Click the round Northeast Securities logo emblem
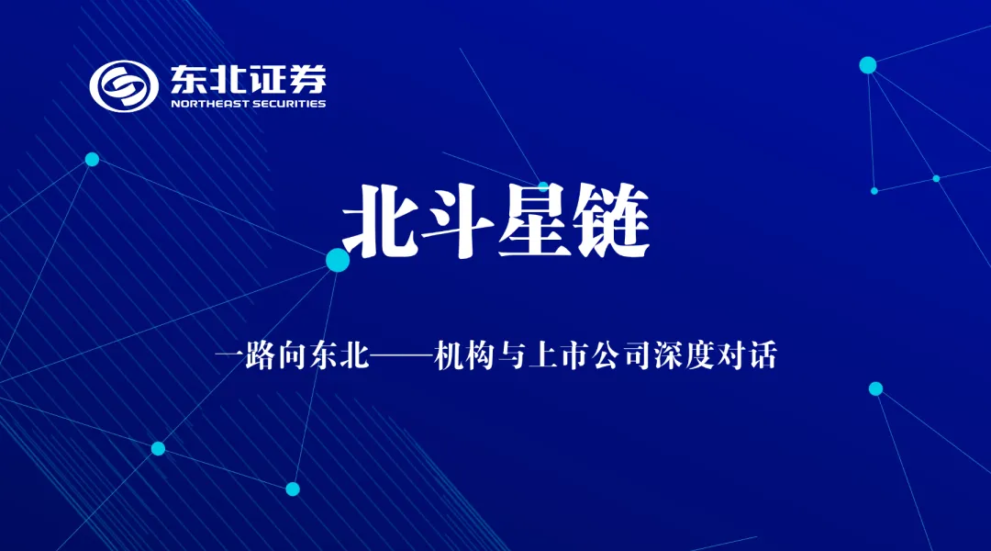tap(124, 85)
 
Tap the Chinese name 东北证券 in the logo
tap(248, 80)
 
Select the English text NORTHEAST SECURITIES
tap(248, 104)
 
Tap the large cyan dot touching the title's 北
tap(338, 260)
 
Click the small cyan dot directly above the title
tap(543, 186)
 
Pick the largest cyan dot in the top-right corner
tap(868, 65)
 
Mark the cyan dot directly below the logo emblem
tap(92, 159)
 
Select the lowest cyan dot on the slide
tap(293, 489)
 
